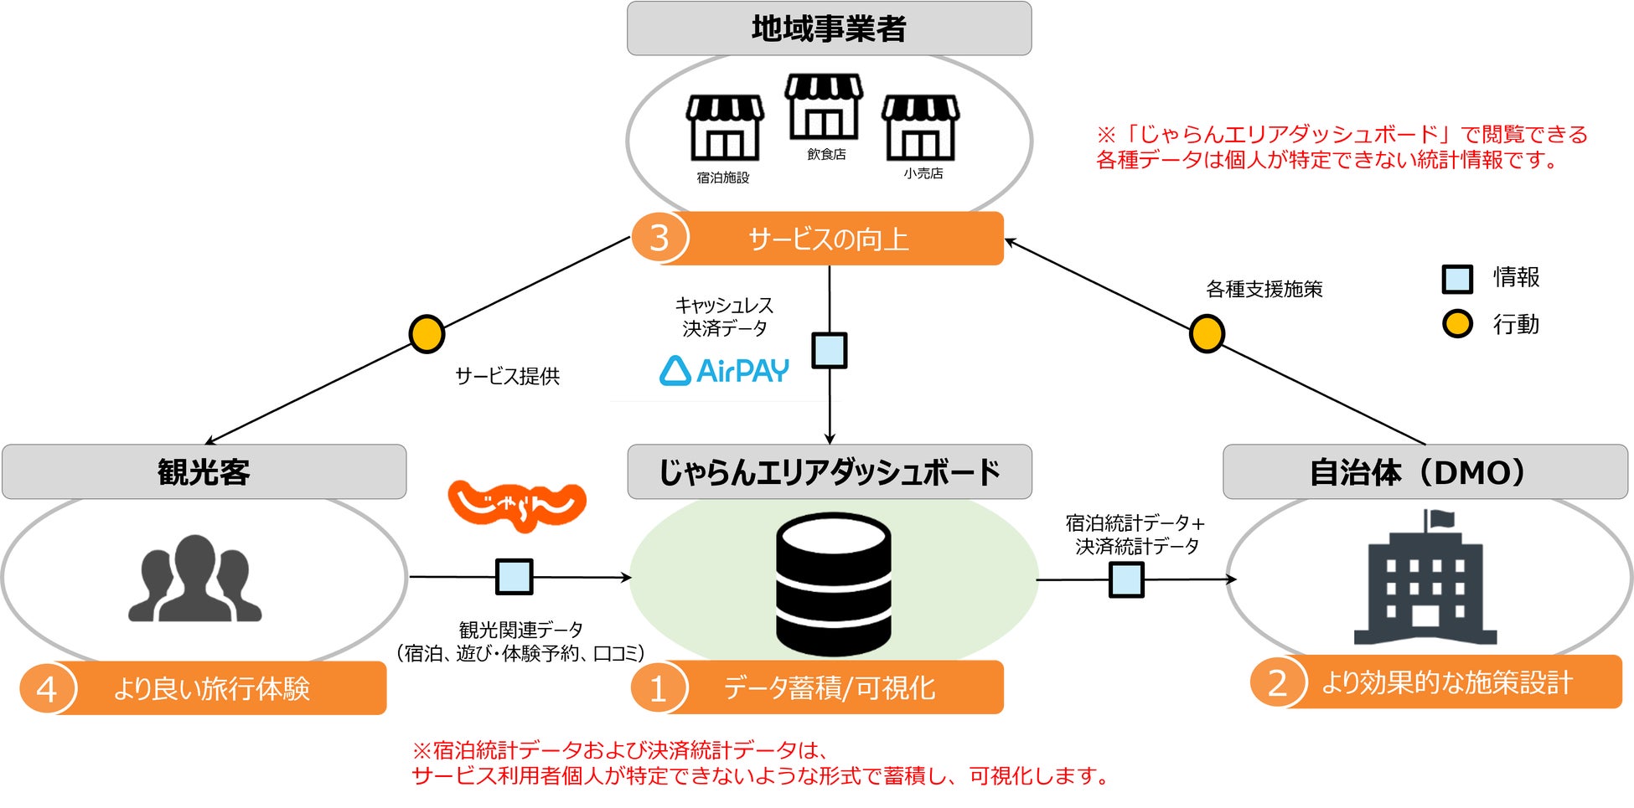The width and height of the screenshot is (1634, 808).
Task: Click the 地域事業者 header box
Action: pyautogui.click(x=829, y=28)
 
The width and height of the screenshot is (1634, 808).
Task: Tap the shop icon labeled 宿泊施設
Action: pyautogui.click(x=725, y=127)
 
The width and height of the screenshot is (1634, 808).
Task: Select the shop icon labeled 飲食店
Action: pyautogui.click(x=824, y=106)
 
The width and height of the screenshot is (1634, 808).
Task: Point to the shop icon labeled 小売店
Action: pyautogui.click(x=920, y=127)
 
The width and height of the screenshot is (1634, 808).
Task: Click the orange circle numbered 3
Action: pyautogui.click(x=659, y=239)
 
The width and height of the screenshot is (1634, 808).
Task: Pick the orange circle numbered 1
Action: pyautogui.click(x=659, y=688)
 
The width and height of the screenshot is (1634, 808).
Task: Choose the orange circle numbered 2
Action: pyautogui.click(x=1278, y=682)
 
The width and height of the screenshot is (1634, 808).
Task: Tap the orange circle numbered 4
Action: pyautogui.click(x=48, y=688)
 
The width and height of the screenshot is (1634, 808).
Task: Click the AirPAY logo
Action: pyautogui.click(x=724, y=370)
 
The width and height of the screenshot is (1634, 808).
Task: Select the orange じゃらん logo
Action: pyautogui.click(x=517, y=505)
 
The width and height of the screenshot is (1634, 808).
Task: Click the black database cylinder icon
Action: pyautogui.click(x=833, y=584)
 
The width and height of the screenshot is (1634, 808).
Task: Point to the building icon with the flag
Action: pyautogui.click(x=1425, y=579)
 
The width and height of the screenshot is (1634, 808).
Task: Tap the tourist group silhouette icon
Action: pyautogui.click(x=195, y=579)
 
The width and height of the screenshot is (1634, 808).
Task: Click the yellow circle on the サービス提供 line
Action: pyautogui.click(x=427, y=333)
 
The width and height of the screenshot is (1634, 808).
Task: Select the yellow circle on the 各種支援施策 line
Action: pyautogui.click(x=1207, y=333)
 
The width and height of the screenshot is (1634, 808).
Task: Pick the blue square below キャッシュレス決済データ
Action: pyautogui.click(x=830, y=350)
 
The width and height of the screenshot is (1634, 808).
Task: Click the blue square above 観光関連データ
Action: pyautogui.click(x=514, y=577)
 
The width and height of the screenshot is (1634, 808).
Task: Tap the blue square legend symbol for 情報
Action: pyautogui.click(x=1457, y=279)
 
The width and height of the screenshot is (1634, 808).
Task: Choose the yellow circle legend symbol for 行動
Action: pyautogui.click(x=1457, y=323)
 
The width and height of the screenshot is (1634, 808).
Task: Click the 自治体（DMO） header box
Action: pyautogui.click(x=1425, y=472)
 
